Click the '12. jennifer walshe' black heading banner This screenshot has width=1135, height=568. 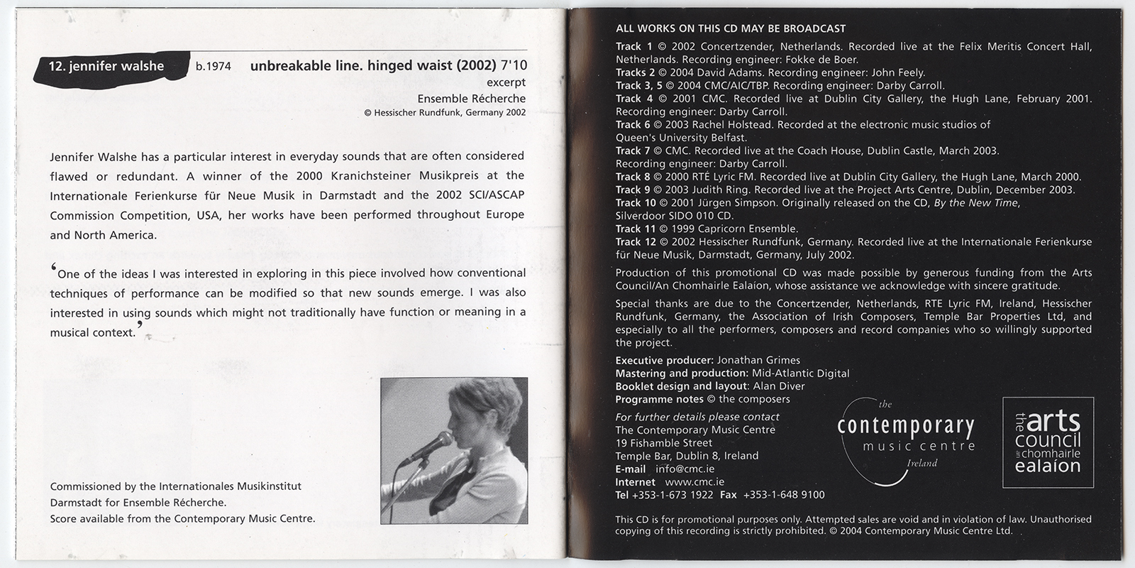(x=106, y=67)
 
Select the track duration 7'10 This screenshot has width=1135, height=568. (x=514, y=66)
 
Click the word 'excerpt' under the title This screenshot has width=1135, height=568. (x=506, y=83)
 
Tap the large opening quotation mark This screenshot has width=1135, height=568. (x=53, y=270)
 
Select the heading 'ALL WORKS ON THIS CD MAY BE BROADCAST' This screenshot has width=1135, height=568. (x=731, y=29)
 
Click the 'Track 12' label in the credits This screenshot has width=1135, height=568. (x=636, y=242)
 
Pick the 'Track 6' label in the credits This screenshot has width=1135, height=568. (x=633, y=125)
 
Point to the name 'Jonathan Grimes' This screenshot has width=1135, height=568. (x=758, y=360)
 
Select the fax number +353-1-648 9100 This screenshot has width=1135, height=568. (x=783, y=495)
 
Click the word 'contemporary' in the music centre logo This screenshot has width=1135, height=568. (x=906, y=427)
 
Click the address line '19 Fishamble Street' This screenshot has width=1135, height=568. (x=664, y=443)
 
